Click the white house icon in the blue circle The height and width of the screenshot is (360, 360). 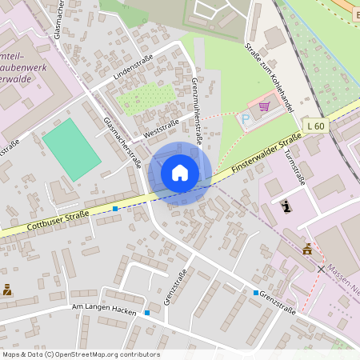[179, 173]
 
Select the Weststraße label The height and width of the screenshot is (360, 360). [161, 126]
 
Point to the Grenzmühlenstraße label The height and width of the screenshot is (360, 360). [197, 109]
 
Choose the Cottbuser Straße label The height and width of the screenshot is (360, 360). [58, 220]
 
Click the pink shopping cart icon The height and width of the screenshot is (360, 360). [264, 106]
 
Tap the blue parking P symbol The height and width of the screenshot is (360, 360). [246, 118]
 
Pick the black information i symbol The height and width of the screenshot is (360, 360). [286, 206]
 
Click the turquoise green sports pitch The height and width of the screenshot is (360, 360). [72, 149]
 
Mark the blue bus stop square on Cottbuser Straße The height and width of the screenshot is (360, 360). [115, 209]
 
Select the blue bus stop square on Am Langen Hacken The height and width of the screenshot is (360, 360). [147, 312]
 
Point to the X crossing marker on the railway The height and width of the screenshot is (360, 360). [321, 269]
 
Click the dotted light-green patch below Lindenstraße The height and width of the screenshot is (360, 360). [146, 98]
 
